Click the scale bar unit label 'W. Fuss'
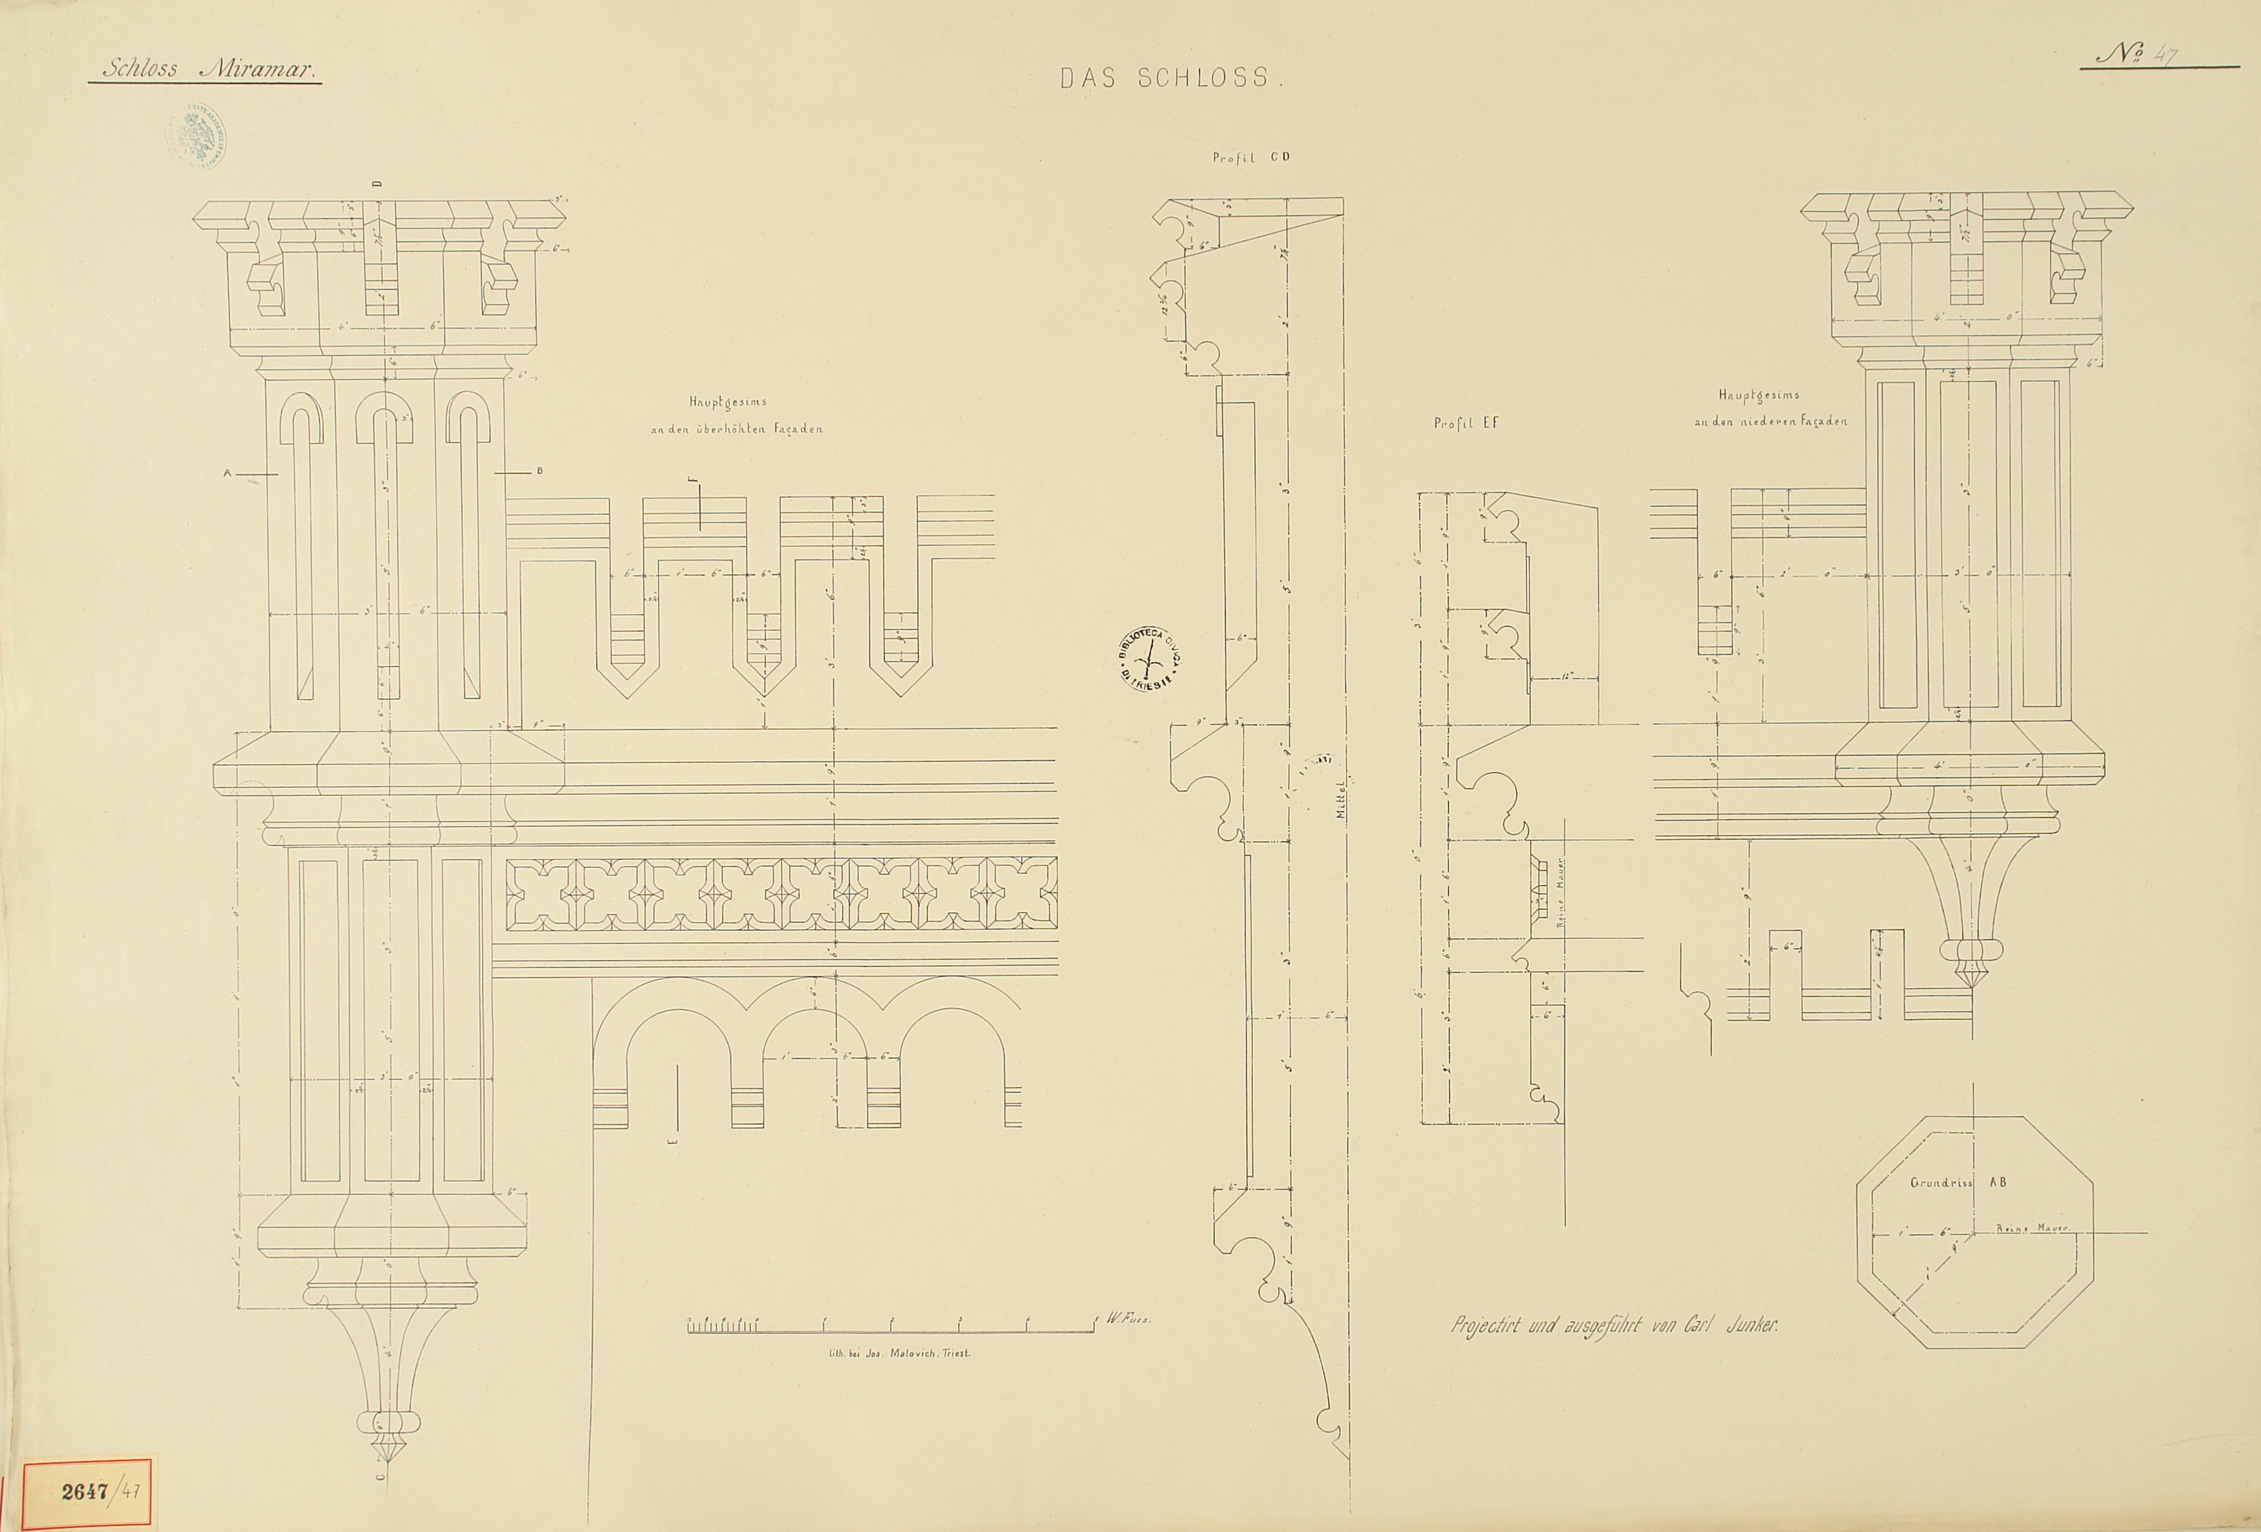tap(1129, 1320)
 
